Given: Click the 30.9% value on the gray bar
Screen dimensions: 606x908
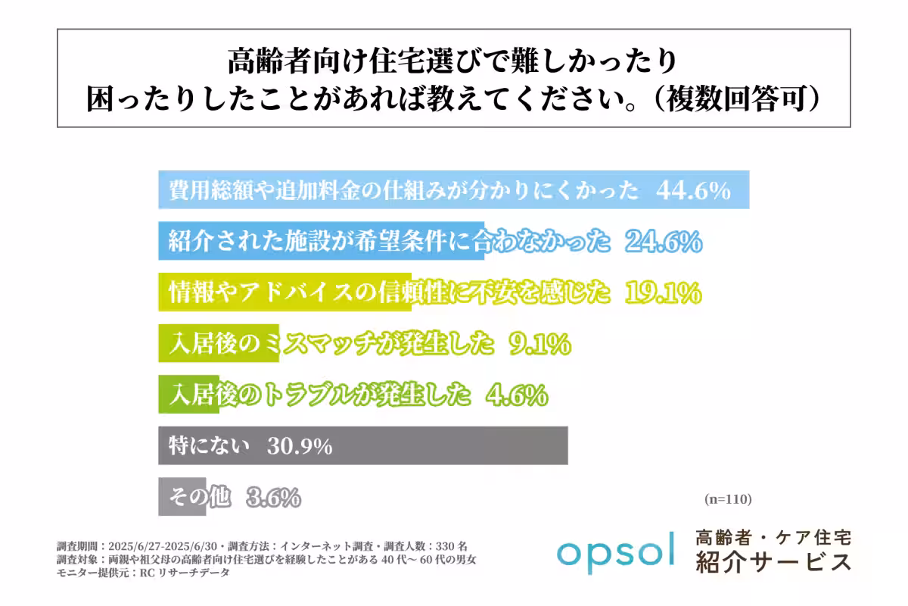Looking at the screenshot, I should pos(300,447).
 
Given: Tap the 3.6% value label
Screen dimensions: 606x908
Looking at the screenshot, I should pos(273,498).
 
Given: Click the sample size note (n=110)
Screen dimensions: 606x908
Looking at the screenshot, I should pos(727,499).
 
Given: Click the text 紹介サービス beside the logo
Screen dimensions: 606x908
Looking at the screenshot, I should pos(773,563).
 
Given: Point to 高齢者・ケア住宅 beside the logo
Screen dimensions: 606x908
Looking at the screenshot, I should pos(773,538).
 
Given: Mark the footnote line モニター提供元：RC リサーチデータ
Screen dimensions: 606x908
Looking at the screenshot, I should pos(143,573).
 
